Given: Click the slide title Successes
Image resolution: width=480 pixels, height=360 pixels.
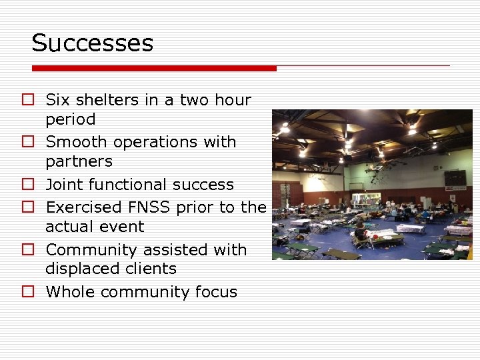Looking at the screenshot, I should coord(93,43).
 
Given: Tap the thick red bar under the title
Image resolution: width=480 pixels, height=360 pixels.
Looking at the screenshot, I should coord(154,68).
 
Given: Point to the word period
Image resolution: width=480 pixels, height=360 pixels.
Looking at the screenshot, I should coord(70,120).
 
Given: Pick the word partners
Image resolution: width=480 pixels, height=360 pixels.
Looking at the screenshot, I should coord(79,161).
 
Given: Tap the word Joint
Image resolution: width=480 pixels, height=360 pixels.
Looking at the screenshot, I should coord(66,184).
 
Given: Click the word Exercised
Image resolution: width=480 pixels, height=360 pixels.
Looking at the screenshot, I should coord(85,207).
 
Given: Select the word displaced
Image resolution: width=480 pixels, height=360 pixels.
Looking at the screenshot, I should coord(77,269).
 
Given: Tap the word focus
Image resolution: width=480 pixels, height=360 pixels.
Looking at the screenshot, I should coord(215,291).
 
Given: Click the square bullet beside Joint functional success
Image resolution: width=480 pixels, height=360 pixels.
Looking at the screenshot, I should coord(27,184).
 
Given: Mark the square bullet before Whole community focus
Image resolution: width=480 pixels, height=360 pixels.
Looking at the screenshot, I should coord(27,291).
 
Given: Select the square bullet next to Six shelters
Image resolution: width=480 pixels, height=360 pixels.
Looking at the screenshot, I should coord(27,100).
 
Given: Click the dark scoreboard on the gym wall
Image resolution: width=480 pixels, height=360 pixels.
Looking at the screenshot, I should coord(455,177).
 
